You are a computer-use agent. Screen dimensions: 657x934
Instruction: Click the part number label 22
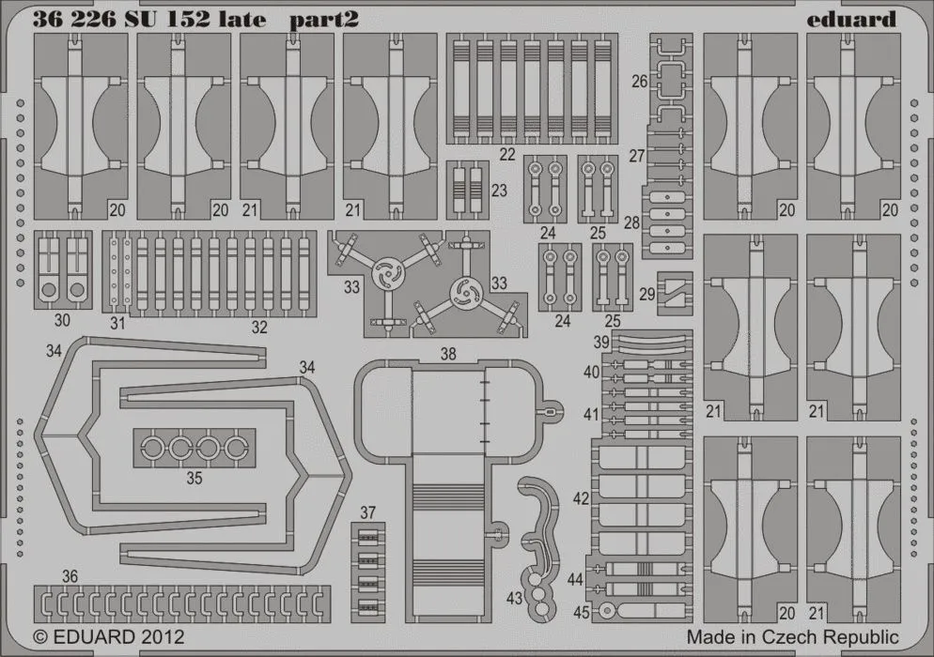pyautogui.click(x=508, y=153)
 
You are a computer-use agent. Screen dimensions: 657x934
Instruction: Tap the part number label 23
pyautogui.click(x=499, y=190)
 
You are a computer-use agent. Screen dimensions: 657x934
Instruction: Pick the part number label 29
pyautogui.click(x=647, y=294)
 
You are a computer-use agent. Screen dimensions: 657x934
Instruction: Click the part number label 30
pyautogui.click(x=62, y=320)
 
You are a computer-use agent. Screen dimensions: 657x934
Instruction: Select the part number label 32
pyautogui.click(x=259, y=328)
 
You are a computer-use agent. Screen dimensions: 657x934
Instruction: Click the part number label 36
pyautogui.click(x=70, y=575)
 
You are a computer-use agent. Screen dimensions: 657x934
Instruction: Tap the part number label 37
pyautogui.click(x=367, y=512)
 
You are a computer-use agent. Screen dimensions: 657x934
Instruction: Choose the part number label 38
pyautogui.click(x=448, y=354)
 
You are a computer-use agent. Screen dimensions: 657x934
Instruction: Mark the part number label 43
pyautogui.click(x=514, y=597)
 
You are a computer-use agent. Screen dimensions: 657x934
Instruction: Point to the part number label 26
pyautogui.click(x=639, y=82)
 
